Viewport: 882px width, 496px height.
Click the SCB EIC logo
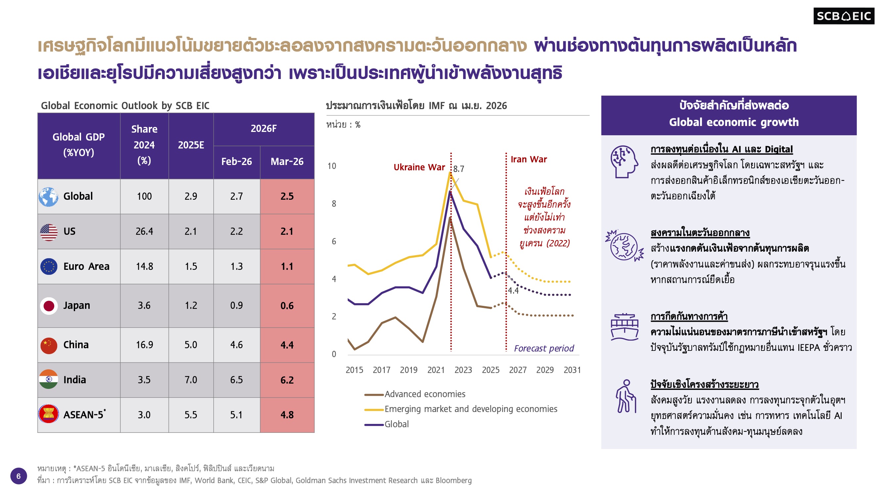[x=843, y=16]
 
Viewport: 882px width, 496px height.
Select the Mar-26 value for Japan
[x=287, y=305]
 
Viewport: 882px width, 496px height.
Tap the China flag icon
[x=49, y=345]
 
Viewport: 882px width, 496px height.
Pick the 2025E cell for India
[x=191, y=380]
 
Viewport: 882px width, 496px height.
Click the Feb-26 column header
[x=236, y=161]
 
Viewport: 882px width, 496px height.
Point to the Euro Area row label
[x=86, y=266]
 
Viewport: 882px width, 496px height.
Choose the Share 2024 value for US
[x=144, y=231]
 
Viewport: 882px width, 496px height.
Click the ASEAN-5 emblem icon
[x=49, y=414]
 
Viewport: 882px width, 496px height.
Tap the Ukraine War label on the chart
[x=419, y=167]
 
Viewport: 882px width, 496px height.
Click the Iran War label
[x=528, y=159]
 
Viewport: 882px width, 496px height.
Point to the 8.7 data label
[x=459, y=169]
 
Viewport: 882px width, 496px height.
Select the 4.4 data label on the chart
[x=513, y=291]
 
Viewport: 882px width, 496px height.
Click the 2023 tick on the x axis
[x=463, y=370]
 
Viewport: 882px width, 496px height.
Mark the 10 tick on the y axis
[x=331, y=166]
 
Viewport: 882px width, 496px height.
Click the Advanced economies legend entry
[x=424, y=394]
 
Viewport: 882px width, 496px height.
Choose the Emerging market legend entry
[x=470, y=409]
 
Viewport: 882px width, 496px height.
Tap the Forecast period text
[x=544, y=349]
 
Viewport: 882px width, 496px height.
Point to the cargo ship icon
[x=625, y=327]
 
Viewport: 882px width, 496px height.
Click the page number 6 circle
[x=19, y=476]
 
